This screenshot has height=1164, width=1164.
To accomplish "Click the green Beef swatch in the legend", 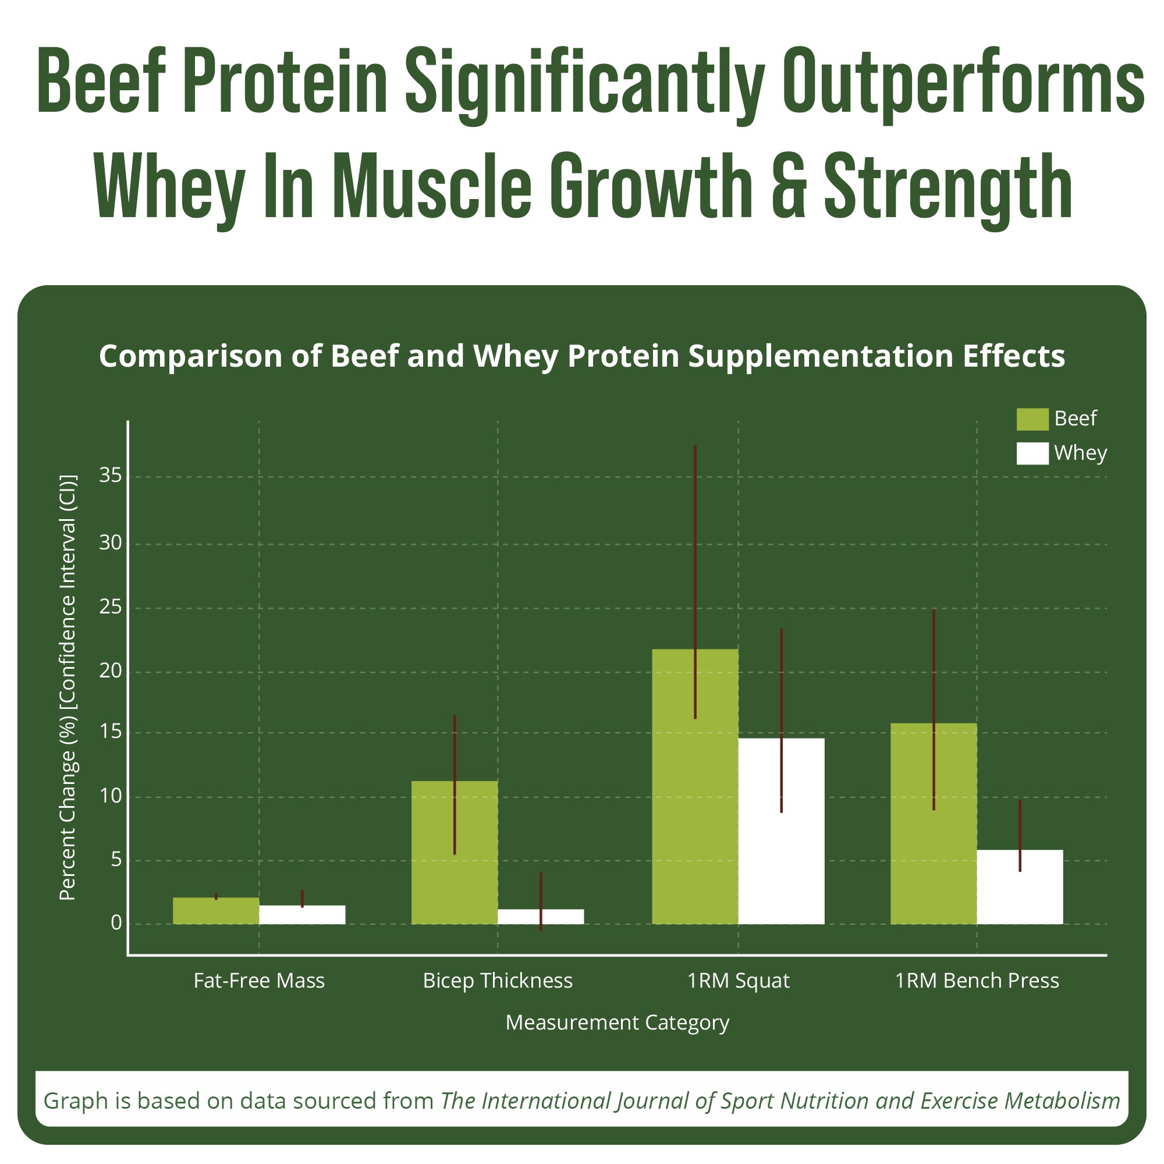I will click(1032, 419).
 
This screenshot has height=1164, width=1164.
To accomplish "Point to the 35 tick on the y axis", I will click(110, 476).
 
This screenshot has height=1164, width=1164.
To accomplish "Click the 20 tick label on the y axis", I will click(110, 670).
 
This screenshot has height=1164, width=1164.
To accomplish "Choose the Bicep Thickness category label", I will click(498, 981).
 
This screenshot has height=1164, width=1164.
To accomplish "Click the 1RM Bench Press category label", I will click(977, 981).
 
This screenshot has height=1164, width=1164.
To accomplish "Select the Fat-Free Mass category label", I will click(259, 981).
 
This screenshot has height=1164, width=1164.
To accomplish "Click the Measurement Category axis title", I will click(617, 1023).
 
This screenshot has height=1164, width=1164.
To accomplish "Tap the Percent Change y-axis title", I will click(68, 687).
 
